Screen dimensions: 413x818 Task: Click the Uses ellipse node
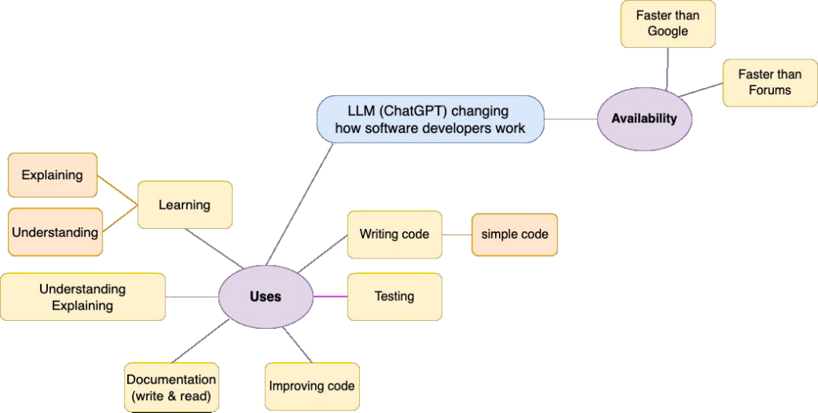(265, 296)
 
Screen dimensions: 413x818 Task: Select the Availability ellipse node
(644, 118)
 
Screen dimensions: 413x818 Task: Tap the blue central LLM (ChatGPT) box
(430, 119)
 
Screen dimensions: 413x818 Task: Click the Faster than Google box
(668, 24)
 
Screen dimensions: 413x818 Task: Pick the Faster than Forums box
(769, 82)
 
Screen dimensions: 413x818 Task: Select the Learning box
(184, 205)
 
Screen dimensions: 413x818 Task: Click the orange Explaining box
(52, 174)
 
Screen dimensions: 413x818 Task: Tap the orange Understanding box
(54, 232)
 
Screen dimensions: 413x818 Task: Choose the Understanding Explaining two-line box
(82, 297)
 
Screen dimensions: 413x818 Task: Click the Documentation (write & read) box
(171, 387)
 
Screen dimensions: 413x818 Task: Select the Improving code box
(312, 386)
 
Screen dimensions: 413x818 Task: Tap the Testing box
(394, 296)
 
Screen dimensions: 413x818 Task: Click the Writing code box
(394, 235)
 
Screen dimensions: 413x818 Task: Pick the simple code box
(514, 235)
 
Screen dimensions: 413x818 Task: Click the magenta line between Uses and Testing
(329, 296)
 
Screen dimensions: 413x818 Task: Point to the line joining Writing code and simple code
(457, 235)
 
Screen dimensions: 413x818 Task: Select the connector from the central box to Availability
(571, 119)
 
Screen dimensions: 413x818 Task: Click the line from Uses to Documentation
(200, 343)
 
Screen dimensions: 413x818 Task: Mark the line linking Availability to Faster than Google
(667, 68)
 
